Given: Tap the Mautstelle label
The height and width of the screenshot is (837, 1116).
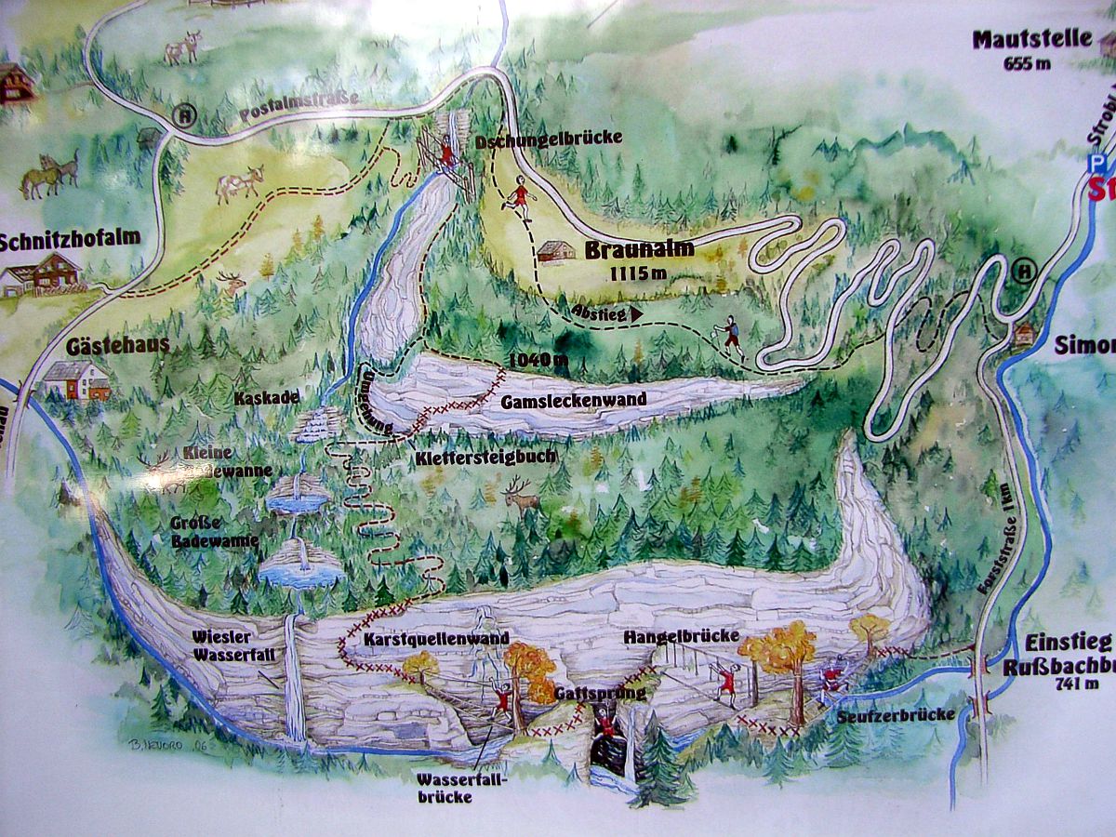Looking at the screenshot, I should [1017, 40].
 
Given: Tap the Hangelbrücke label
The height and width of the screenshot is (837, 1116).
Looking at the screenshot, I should [682, 636].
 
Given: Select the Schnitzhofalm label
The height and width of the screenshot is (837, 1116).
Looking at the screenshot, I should [70, 237].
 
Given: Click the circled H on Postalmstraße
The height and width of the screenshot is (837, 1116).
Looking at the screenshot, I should [186, 117].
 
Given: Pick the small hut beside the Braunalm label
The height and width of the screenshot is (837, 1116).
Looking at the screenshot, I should [556, 250].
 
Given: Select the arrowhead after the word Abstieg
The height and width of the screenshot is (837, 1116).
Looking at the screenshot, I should [636, 314].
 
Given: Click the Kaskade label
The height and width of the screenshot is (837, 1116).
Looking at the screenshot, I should [267, 397].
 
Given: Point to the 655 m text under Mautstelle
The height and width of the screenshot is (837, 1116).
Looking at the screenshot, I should [1028, 63].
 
